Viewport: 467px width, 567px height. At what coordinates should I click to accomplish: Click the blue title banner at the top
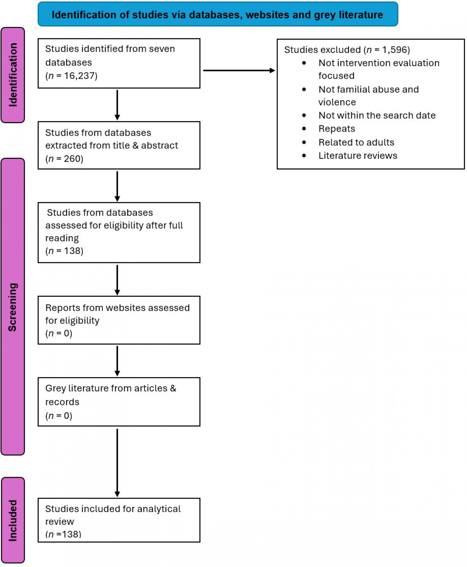(x=218, y=14)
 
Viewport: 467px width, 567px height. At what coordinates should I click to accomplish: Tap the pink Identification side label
(x=13, y=75)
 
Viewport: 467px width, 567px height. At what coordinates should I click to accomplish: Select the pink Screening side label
(x=13, y=307)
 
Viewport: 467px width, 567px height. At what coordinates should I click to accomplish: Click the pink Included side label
(x=13, y=520)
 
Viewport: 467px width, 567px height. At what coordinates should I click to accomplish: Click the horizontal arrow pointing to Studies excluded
(x=239, y=70)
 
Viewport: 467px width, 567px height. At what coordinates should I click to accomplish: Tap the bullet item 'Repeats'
(x=337, y=129)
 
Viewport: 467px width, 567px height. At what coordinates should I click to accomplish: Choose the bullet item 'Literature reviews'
(x=358, y=156)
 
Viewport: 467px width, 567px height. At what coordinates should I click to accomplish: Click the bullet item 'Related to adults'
(x=356, y=142)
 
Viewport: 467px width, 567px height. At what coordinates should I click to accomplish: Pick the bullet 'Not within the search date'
(x=377, y=116)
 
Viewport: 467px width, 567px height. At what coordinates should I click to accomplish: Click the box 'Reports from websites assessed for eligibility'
(x=119, y=320)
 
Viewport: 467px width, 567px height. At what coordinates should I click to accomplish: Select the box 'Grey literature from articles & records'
(x=119, y=402)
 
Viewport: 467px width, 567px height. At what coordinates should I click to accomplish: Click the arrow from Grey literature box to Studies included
(x=117, y=462)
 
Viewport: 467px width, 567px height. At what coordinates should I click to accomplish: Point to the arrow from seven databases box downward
(x=117, y=105)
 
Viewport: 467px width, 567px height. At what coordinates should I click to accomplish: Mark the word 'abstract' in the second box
(x=159, y=145)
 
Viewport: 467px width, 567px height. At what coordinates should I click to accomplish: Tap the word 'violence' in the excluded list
(x=337, y=102)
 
